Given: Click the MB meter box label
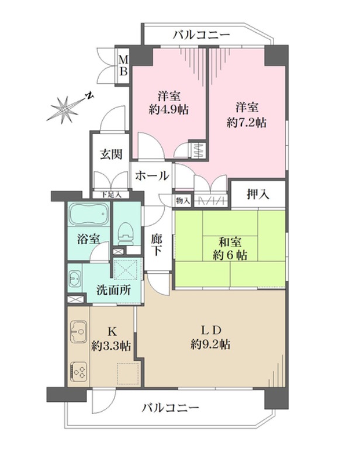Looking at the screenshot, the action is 123,66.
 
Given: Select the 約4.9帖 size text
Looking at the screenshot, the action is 168,110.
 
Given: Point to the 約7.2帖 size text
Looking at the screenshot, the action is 247,122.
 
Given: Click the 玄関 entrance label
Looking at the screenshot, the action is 111,154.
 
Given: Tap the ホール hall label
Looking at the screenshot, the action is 152,176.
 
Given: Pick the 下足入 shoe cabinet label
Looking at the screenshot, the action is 111,195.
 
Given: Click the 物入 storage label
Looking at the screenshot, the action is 182,201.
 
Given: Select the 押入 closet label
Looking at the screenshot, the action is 258,194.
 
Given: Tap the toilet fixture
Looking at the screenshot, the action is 126,234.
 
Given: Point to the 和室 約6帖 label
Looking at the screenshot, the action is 230,249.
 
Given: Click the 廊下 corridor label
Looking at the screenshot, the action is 157,244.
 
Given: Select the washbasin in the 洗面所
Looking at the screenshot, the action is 75,279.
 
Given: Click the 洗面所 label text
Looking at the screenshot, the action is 114,290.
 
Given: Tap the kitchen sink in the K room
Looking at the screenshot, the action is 79,332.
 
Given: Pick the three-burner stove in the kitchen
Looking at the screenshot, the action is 79,372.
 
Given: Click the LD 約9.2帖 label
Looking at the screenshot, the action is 210,337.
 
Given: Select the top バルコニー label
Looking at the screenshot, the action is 202,35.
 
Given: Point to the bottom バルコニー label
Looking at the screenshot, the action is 171,408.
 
